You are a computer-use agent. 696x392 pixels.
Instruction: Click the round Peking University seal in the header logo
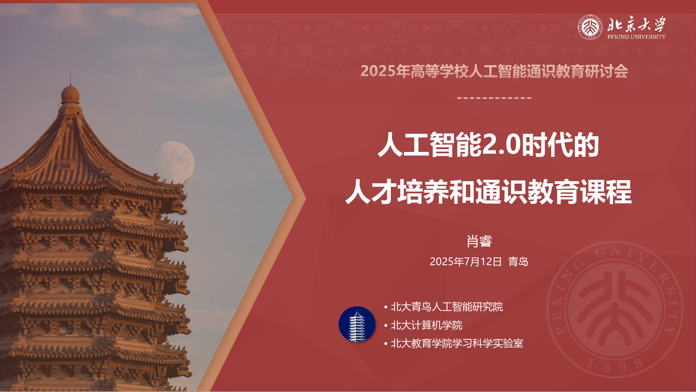click(x=590, y=27)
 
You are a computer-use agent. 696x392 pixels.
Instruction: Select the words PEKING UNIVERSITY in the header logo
click(x=636, y=37)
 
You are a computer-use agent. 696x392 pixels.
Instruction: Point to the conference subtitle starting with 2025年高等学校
click(x=494, y=71)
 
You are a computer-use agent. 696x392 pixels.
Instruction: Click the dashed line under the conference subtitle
click(x=494, y=98)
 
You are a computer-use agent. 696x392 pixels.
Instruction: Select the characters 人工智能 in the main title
click(x=429, y=144)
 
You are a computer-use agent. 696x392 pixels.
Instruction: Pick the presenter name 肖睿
click(x=479, y=241)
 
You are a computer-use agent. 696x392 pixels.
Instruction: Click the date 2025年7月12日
click(x=466, y=262)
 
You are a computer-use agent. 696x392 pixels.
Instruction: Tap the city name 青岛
click(x=518, y=262)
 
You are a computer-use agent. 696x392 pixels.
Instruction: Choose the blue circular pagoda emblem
click(x=357, y=324)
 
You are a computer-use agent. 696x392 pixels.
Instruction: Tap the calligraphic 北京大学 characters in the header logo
click(x=636, y=24)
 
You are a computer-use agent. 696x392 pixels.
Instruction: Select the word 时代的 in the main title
click(x=560, y=144)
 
